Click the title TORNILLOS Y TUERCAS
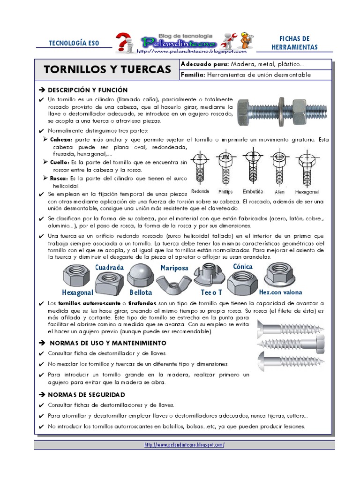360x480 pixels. click(107, 70)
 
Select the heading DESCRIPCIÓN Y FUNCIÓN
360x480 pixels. click(88, 90)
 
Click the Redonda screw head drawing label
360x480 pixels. click(200, 192)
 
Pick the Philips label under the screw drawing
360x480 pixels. click(226, 192)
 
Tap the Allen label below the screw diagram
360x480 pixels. click(279, 192)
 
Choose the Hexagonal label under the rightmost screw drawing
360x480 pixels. click(307, 192)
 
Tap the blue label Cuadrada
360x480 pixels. click(109, 267)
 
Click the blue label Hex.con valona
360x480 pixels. click(280, 292)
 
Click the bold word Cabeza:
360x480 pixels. click(61, 140)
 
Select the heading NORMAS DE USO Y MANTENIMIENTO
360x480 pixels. click(108, 343)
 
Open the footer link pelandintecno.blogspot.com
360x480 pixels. click(184, 445)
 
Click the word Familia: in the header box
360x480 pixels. click(193, 75)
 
